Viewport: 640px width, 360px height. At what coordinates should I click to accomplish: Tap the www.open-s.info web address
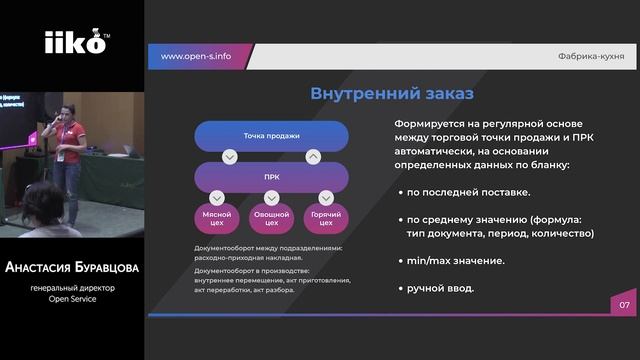196,56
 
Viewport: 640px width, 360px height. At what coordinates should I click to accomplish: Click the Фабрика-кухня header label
591,57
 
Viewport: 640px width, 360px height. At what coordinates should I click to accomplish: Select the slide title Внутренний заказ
377,95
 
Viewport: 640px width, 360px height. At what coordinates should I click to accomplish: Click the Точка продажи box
271,135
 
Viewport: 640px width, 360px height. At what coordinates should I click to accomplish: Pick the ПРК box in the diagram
271,176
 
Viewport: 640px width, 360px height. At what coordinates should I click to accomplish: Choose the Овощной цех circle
271,217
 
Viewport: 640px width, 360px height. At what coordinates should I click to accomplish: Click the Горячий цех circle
324,217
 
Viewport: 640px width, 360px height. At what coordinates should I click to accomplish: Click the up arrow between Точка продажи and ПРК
313,156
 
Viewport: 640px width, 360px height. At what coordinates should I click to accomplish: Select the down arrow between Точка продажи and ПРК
230,156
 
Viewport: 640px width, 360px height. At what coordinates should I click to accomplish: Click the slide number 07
624,305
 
